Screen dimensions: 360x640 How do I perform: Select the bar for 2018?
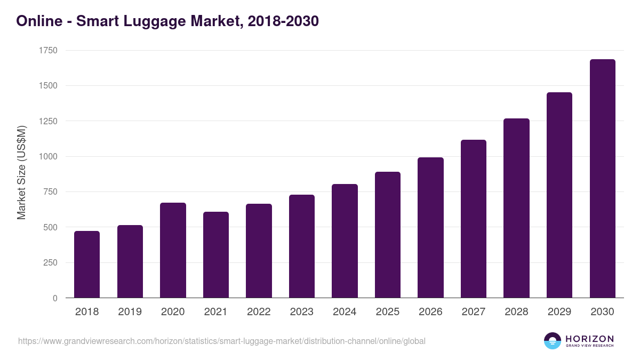coord(87,265)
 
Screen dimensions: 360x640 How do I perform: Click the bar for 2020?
coord(173,250)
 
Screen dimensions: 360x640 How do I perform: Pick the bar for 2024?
coord(345,241)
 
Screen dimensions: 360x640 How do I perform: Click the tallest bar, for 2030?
coord(602,179)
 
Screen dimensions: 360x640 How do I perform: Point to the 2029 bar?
coord(559,195)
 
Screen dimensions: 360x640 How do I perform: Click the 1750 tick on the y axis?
coord(48,51)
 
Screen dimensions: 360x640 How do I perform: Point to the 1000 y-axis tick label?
coord(48,157)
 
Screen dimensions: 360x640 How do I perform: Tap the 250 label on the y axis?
coord(50,263)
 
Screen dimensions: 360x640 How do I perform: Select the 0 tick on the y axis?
coord(55,298)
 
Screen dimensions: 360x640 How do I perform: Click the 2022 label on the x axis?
coord(259,312)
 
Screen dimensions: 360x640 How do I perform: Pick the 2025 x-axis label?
coord(388,312)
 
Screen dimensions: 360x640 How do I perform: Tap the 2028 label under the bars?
coord(516,312)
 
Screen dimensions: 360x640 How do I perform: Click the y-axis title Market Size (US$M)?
coord(22,173)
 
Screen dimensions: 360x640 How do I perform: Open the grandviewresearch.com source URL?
coord(222,341)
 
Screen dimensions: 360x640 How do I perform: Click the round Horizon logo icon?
coord(553,341)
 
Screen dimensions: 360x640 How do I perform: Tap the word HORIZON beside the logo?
coord(589,339)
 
